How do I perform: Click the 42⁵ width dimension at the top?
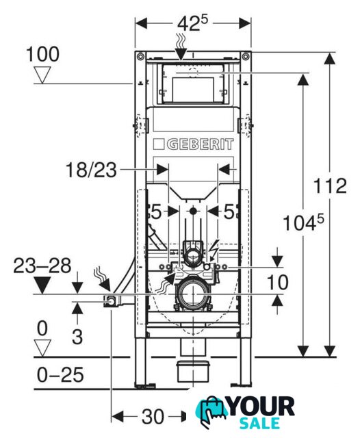pos(193,23)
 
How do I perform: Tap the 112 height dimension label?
pos(330,185)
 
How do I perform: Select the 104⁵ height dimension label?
pos(303,222)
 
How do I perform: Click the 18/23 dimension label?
pos(91,170)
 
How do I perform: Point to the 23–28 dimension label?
pos(42,266)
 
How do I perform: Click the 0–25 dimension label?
pos(60,374)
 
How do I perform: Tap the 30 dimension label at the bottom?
pos(153,417)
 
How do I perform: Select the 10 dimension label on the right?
pos(277,282)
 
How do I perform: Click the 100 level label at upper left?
pos(42,54)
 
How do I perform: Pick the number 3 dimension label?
pos(77,337)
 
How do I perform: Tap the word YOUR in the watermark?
pos(261,407)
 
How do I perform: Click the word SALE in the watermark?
pos(260,424)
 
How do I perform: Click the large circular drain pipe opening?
pos(193,294)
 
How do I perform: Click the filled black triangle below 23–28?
pos(42,285)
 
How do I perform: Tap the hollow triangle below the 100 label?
pos(42,75)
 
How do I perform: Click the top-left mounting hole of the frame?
pos(140,57)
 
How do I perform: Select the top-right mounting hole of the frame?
pos(246,57)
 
